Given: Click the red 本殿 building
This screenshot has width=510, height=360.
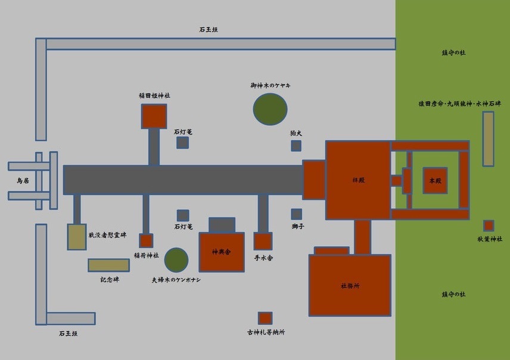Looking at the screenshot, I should (x=435, y=180).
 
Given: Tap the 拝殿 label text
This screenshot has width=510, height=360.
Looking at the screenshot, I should (x=358, y=179).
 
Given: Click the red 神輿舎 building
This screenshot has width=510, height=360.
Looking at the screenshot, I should (x=222, y=252).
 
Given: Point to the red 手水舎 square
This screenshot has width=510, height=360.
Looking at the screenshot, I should (x=263, y=241).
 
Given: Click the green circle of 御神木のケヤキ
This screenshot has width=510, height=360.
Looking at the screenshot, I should (x=270, y=109).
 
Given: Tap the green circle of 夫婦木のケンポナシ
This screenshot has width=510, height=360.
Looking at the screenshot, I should (x=176, y=260).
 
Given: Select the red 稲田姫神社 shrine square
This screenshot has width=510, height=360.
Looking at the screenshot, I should (x=154, y=116).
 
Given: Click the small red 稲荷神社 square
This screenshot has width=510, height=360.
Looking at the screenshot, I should (x=146, y=241).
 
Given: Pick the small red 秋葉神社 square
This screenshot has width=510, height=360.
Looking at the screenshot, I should (x=489, y=226).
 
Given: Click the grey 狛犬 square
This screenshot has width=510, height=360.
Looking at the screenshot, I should (x=296, y=146).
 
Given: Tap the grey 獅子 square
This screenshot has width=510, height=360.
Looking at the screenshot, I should (x=296, y=214).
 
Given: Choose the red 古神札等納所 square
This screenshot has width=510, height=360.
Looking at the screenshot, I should (x=265, y=318).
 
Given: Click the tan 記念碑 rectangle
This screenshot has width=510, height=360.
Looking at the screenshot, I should (x=108, y=265).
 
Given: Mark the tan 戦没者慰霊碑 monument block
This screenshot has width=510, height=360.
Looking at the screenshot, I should (x=77, y=237).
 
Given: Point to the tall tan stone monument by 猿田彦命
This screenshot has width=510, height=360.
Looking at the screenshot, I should (x=488, y=139).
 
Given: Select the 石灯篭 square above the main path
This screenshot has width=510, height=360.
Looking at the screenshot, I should (x=183, y=142).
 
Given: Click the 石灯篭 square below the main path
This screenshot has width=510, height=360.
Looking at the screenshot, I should (x=183, y=215).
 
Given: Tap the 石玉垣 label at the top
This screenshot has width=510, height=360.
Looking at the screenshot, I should (x=209, y=29).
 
